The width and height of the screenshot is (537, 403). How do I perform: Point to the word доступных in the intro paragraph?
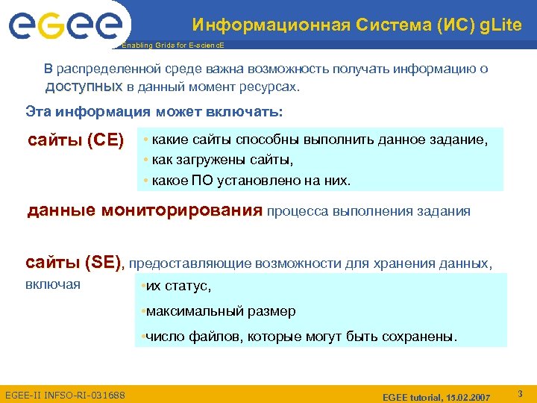84,87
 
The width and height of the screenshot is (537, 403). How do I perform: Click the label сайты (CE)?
75,140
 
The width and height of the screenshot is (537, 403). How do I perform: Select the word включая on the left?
53,284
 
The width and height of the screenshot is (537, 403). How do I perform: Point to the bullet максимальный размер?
220,311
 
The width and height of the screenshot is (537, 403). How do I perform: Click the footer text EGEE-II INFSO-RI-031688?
65,394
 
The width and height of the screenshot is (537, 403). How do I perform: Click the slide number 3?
520,392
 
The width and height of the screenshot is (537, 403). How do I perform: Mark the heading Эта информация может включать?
154,113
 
